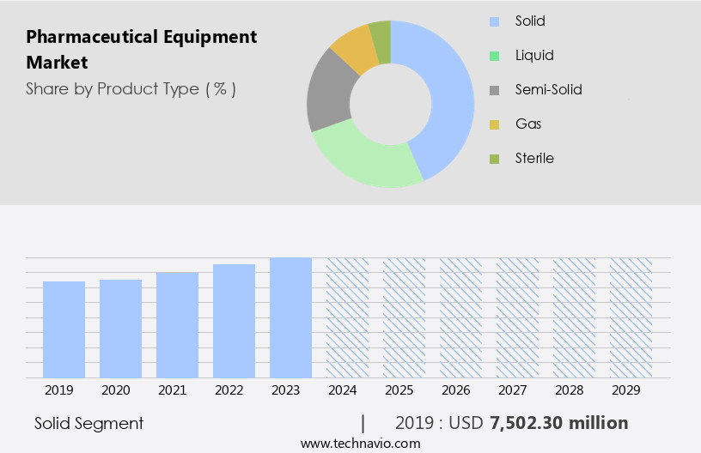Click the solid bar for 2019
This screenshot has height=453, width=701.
64,329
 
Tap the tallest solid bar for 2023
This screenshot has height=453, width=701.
290,317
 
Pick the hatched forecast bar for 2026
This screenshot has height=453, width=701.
460,317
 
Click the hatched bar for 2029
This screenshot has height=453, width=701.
631,317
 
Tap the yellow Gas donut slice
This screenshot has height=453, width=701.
353,50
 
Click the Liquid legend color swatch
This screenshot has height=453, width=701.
493,56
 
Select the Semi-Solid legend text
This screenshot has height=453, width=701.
548,89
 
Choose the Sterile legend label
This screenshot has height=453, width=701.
534,158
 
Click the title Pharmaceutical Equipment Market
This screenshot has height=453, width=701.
141,50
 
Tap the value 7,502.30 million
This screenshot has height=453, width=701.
558,423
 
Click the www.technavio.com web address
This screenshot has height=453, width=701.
360,443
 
